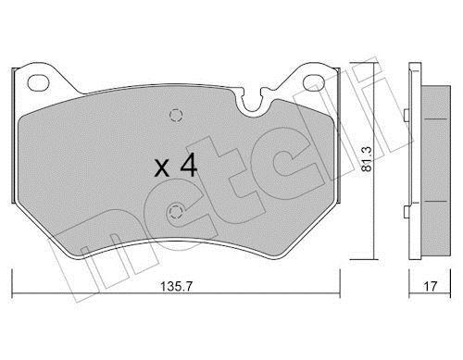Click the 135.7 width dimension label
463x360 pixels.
coord(176,287)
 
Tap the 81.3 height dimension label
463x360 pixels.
coord(367,159)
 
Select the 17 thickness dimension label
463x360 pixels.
coord(430,287)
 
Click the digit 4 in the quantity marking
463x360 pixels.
coord(189,166)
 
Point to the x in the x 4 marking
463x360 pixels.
coord(162,168)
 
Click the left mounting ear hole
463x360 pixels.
coord(38,83)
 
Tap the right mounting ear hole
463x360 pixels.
coord(314,82)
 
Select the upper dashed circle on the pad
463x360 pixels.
coord(176,116)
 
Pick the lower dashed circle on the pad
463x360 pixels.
coord(176,212)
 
